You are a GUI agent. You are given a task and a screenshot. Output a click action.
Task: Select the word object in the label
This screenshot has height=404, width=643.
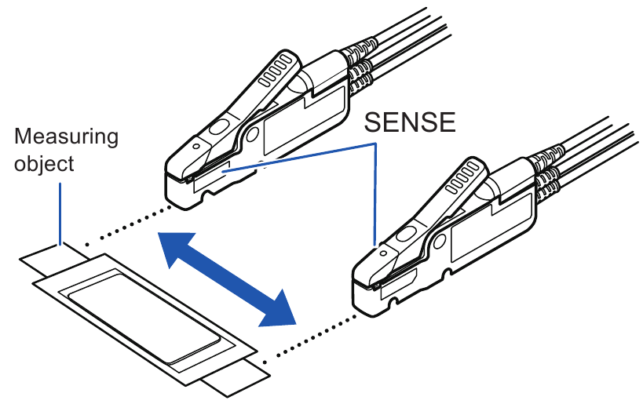tap(44, 164)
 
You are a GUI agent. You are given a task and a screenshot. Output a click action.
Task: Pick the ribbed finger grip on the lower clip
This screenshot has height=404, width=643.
tap(466, 176)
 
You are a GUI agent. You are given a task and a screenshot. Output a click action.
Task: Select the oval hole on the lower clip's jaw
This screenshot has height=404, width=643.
tap(406, 235)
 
